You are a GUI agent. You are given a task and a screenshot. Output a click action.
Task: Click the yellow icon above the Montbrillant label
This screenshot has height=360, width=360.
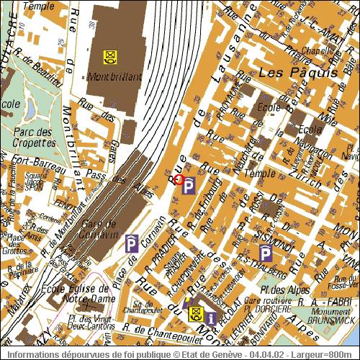pyautogui.click(x=109, y=56)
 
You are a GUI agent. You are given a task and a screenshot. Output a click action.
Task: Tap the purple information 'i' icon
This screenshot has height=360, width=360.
pyautogui.click(x=210, y=316)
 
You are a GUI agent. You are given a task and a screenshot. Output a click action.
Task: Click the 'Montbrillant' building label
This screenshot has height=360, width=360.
pyautogui.click(x=115, y=76)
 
